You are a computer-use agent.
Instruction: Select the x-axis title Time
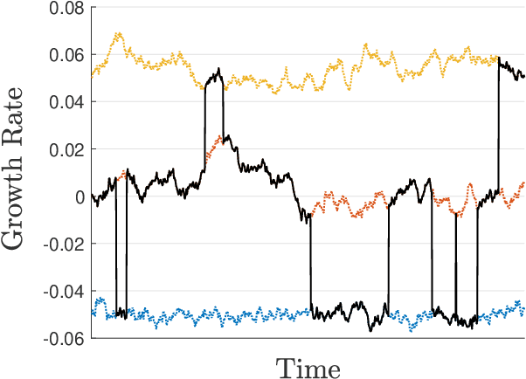pyautogui.click(x=308, y=367)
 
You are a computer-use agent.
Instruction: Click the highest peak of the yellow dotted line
pyautogui.click(x=117, y=34)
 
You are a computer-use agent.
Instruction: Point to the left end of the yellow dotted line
pyautogui.click(x=92, y=76)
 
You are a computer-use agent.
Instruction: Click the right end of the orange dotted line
pyautogui.click(x=523, y=183)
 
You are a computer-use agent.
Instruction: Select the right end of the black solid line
pyautogui.click(x=523, y=77)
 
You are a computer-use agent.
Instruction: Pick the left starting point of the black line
pyautogui.click(x=92, y=195)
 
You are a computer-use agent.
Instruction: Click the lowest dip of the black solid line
pyautogui.click(x=370, y=330)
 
